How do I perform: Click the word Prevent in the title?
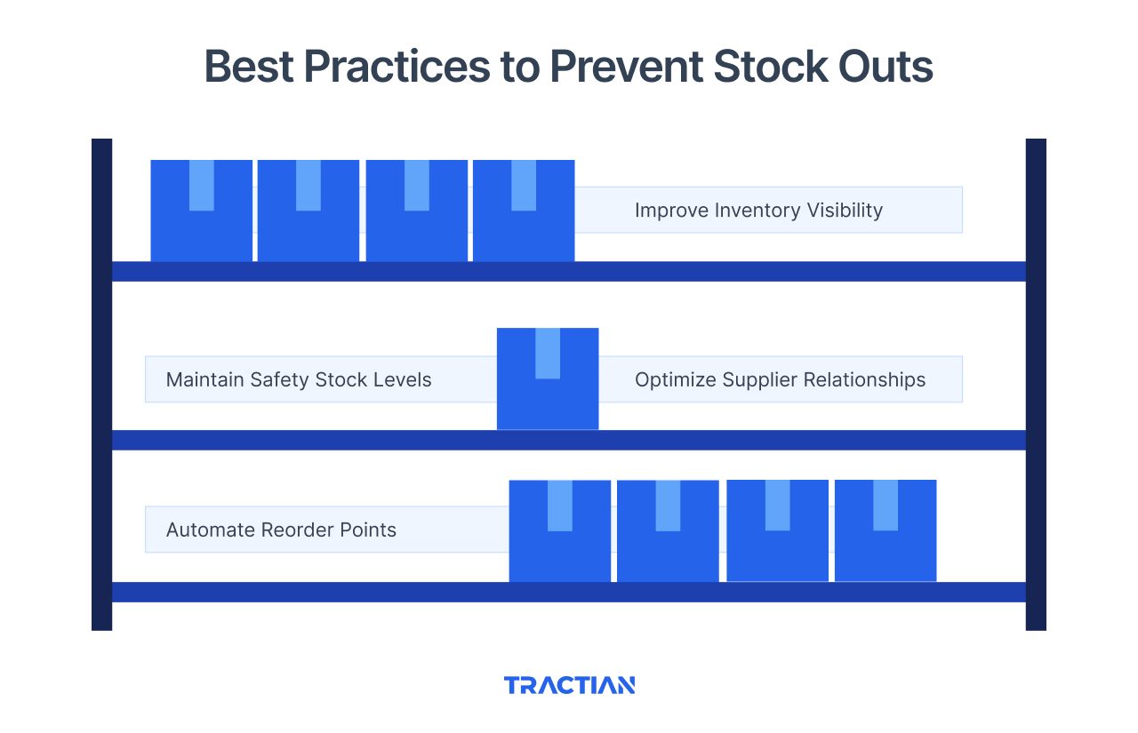pyautogui.click(x=618, y=67)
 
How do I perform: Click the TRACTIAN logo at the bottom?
pyautogui.click(x=569, y=685)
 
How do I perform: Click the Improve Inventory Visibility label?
pyautogui.click(x=758, y=211)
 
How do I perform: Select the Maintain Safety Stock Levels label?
pyautogui.click(x=299, y=380)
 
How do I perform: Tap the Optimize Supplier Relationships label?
pyautogui.click(x=780, y=380)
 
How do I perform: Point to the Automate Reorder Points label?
pyautogui.click(x=281, y=530)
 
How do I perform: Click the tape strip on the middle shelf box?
pyautogui.click(x=548, y=354)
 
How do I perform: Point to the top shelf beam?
pyautogui.click(x=569, y=271)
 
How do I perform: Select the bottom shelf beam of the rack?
pyautogui.click(x=569, y=592)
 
